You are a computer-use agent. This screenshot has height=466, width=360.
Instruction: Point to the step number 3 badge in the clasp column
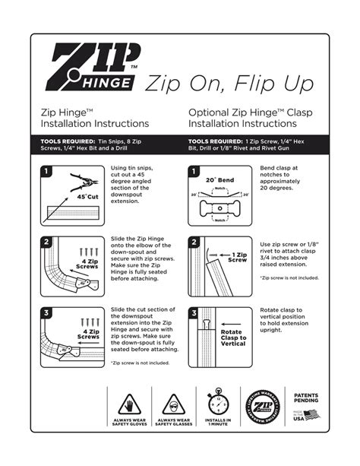[x=194, y=312]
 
